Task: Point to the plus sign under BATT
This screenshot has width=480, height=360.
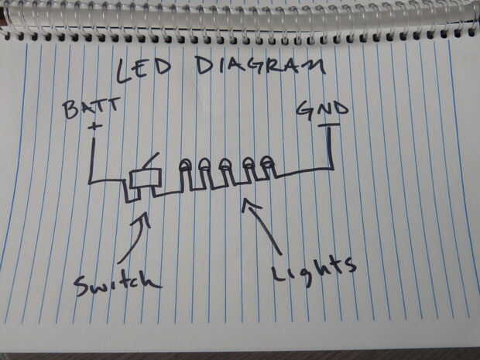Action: pos(95,125)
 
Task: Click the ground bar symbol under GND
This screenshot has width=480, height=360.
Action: pos(330,125)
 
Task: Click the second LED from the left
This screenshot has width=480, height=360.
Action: pos(206,165)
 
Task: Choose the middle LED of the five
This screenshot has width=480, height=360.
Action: pos(226,164)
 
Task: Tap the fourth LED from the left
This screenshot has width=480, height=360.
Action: pos(249,163)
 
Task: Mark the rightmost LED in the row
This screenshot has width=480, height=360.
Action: pos(267,163)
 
